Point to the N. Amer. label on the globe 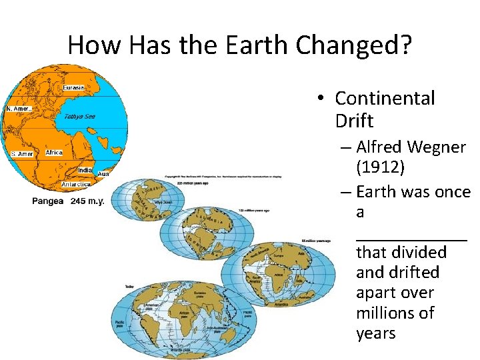coord(19,109)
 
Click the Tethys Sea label coord(79,116)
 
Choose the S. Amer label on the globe coord(22,154)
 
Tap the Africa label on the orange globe coord(54,153)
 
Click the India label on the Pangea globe coord(85,171)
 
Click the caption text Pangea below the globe coord(48,201)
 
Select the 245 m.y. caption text coord(88,201)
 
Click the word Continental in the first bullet coord(385,99)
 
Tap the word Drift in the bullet coord(354,121)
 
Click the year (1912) coord(380,167)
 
